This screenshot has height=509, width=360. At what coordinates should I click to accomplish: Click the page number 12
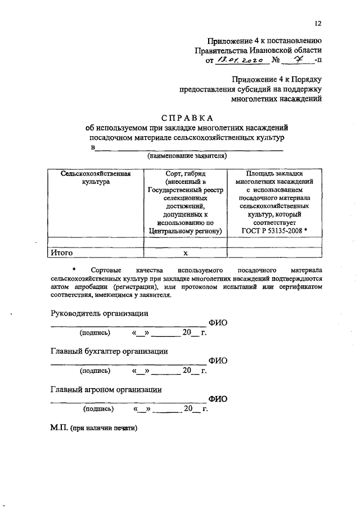(318, 23)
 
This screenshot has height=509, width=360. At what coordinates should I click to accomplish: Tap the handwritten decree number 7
(294, 59)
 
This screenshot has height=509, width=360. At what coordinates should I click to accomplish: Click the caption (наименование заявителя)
(187, 155)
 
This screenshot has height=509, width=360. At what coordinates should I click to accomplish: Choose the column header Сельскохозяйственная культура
(96, 178)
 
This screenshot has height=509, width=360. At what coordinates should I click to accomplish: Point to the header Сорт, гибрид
(186, 174)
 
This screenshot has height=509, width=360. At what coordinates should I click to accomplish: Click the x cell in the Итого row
(185, 254)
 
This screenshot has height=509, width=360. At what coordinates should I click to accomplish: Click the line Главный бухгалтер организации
(109, 351)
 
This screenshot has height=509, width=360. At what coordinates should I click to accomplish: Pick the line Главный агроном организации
(106, 389)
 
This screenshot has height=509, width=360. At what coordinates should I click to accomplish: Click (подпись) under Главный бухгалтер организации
(96, 371)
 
